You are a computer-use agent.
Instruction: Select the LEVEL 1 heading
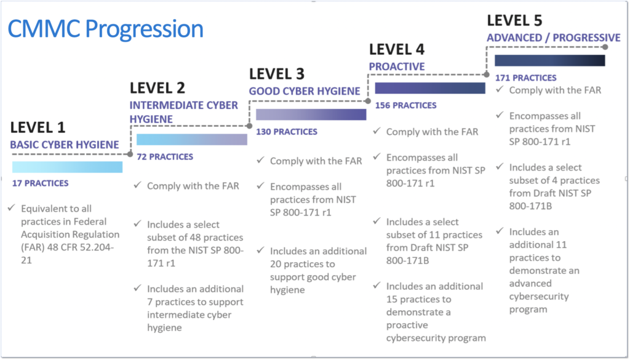click(38, 128)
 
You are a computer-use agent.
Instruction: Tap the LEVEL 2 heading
click(157, 87)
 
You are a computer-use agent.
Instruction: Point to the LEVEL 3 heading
click(277, 74)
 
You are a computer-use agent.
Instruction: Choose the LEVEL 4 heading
click(397, 49)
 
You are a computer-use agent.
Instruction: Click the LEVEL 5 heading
click(514, 20)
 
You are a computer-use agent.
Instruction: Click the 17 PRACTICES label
click(40, 183)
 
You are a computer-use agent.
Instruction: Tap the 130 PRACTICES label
click(286, 131)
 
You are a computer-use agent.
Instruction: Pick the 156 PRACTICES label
click(405, 105)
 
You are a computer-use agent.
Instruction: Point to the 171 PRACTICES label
click(526, 78)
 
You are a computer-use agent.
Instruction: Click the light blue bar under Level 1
click(67, 167)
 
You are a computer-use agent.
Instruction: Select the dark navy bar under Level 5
click(549, 60)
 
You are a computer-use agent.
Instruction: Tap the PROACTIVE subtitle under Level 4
click(397, 66)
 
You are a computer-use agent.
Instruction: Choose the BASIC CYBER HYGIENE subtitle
click(64, 145)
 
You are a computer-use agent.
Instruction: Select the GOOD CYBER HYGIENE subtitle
click(305, 91)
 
